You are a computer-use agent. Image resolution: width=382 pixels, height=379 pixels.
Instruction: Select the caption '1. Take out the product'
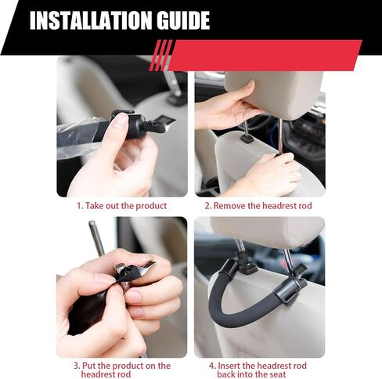point(122,206)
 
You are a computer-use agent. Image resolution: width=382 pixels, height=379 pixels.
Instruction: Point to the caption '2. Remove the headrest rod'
point(258,206)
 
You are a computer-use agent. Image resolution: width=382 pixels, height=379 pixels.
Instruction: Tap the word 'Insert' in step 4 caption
point(229,366)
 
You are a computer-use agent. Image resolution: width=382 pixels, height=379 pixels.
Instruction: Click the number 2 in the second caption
point(207,206)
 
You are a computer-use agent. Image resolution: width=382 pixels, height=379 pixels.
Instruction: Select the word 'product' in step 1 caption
point(151,206)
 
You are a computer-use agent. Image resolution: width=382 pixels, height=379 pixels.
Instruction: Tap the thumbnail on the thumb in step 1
point(121,120)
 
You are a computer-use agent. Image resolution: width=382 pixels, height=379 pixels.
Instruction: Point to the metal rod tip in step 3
point(92,223)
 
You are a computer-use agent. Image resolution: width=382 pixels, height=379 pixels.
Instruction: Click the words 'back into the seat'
point(252,374)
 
